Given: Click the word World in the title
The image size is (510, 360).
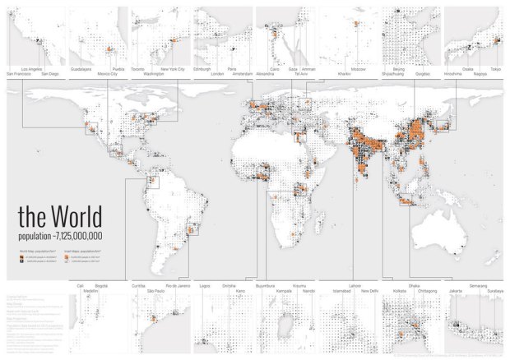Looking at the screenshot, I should (76, 217).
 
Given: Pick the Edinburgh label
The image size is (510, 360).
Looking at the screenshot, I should (202, 69).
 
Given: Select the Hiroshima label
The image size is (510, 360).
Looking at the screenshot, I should (452, 75).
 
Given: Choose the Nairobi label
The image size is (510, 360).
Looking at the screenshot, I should (308, 291).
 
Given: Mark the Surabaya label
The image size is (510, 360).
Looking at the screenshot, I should (492, 291).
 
